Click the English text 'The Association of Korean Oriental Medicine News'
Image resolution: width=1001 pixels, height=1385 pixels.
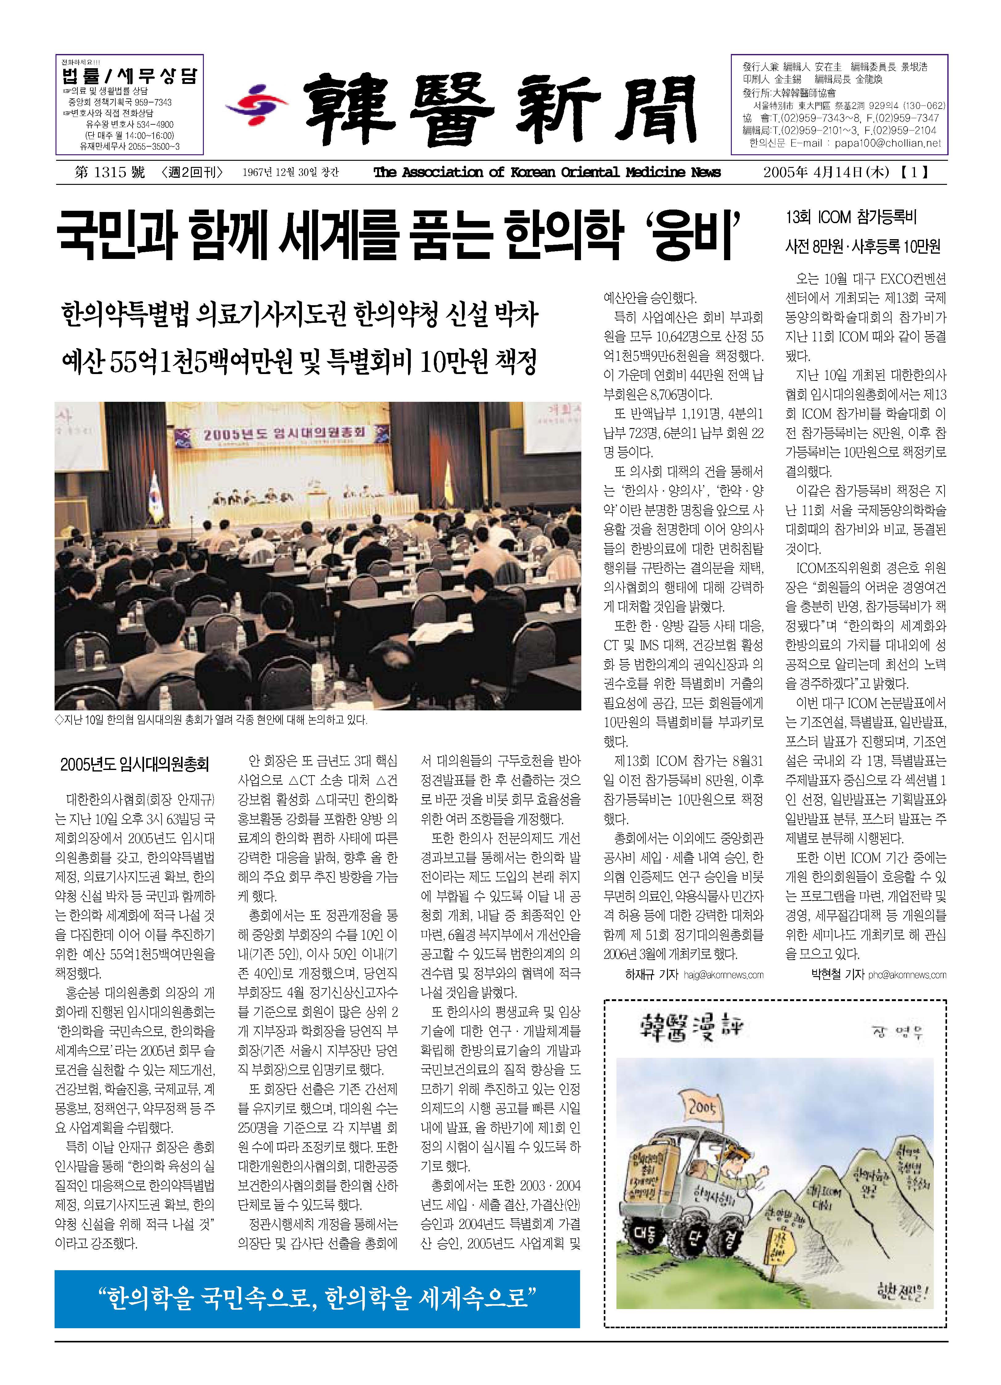547,173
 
